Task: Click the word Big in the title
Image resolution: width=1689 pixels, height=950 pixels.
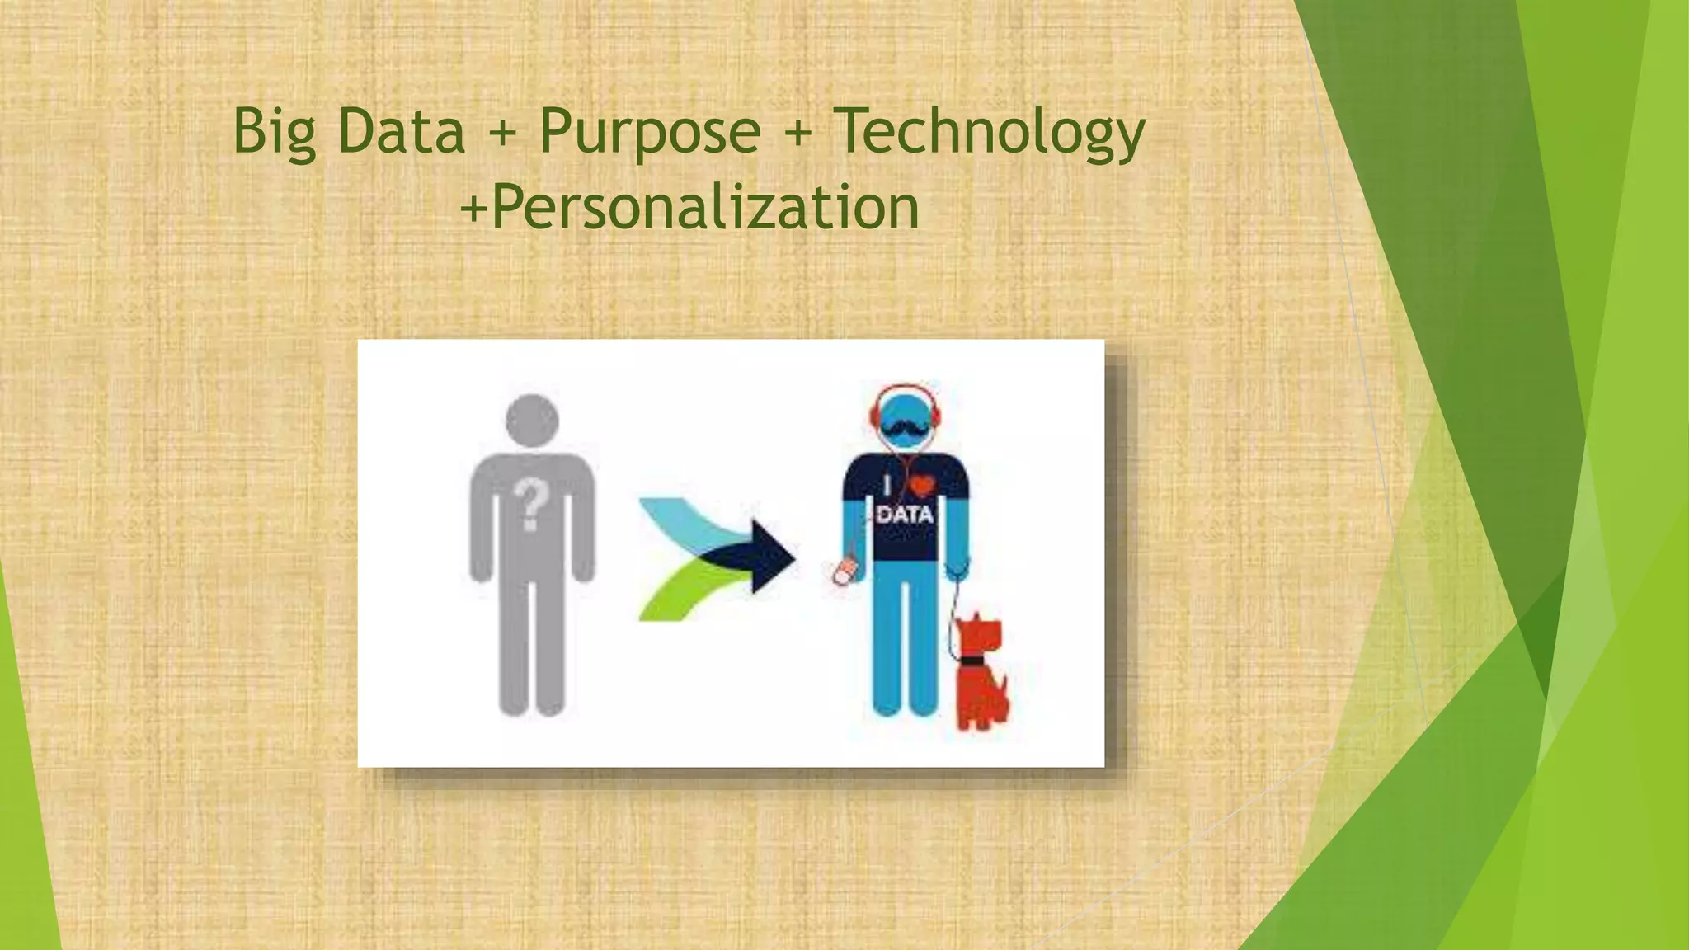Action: coord(275,132)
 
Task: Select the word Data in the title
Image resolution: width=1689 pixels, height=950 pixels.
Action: coord(402,132)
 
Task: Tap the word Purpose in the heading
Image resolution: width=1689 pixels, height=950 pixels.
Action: coord(650,132)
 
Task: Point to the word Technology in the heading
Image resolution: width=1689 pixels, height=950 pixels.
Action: coord(989,132)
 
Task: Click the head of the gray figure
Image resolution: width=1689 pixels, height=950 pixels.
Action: coord(532,421)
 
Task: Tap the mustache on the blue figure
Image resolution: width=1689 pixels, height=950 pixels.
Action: coord(905,428)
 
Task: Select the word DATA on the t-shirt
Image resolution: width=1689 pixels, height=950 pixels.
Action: coord(905,515)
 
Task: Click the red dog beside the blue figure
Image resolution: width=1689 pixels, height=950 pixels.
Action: coord(981,676)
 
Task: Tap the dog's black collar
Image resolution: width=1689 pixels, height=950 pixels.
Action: coord(972,661)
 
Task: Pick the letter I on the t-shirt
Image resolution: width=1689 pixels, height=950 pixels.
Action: coord(887,485)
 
